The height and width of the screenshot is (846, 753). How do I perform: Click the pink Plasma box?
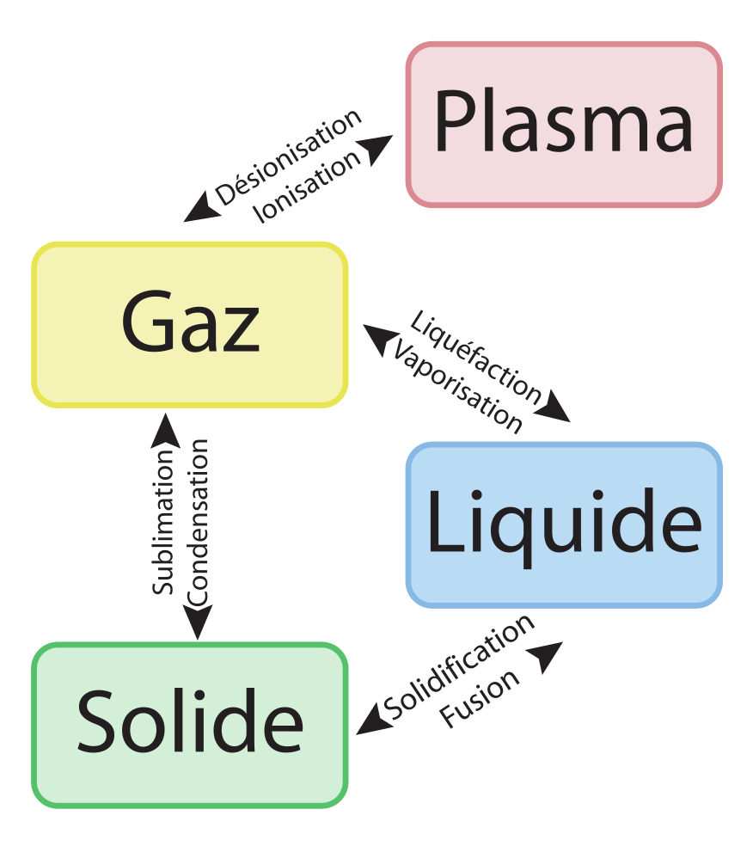tap(564, 125)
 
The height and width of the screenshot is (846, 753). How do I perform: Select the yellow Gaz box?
tap(190, 324)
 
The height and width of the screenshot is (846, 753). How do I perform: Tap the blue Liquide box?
tap(564, 524)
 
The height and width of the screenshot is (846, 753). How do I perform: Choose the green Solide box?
tap(190, 725)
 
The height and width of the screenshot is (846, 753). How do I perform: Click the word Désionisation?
tap(288, 159)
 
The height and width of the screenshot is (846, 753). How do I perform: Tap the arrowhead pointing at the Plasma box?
tap(377, 150)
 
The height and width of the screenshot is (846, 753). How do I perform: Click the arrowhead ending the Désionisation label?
tap(202, 209)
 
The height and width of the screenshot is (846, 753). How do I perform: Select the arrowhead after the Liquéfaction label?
tap(557, 409)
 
